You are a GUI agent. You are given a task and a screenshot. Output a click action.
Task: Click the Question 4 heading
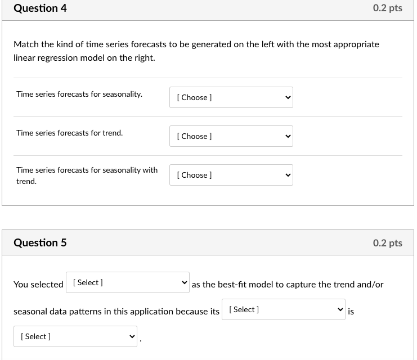coord(40,8)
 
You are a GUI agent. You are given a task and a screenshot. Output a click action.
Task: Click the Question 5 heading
coord(40,243)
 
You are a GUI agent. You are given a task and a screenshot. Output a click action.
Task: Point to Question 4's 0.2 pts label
coord(387,8)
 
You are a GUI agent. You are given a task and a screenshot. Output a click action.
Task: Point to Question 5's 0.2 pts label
coord(387,243)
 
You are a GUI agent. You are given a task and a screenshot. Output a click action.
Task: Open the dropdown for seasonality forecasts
coord(231,97)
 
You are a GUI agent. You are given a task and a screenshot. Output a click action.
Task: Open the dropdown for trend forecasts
coord(231,136)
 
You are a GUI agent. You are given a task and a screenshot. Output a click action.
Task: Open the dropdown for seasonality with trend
coord(231,175)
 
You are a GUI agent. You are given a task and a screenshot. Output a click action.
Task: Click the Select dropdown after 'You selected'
coord(128,282)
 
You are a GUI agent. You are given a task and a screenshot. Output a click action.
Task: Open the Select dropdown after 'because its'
coord(283,309)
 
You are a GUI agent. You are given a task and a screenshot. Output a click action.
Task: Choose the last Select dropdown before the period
coord(75,336)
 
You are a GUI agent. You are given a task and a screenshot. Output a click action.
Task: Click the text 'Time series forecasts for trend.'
coord(69,133)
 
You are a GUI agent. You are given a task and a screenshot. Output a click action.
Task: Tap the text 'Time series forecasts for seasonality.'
coord(79,94)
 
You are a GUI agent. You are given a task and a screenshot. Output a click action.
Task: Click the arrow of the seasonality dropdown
coord(288,97)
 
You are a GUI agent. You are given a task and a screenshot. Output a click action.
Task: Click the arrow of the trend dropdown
coord(288,136)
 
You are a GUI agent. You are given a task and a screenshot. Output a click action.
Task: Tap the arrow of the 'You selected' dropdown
coord(184,282)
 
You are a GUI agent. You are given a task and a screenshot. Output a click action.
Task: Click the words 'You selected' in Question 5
coord(38,285)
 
